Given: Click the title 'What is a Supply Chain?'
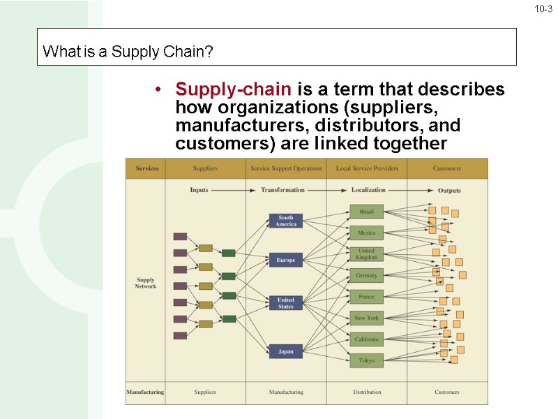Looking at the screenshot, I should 128,52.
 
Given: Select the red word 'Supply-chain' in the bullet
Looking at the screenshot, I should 234,90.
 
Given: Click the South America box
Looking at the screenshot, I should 286,221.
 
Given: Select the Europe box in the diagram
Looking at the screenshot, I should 286,260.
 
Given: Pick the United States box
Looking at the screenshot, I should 286,304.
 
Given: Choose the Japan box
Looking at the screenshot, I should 286,351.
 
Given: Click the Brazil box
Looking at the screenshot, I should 366,211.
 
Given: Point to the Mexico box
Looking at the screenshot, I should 366,233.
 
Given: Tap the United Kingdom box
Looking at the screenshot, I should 366,254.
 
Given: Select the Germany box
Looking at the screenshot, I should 366,276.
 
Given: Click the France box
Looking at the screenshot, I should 366,297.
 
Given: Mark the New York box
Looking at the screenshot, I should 366,318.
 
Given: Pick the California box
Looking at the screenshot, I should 366,339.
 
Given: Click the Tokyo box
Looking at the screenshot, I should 366,360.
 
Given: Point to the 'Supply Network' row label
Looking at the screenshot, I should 145,283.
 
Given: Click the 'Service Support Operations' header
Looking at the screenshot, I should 286,168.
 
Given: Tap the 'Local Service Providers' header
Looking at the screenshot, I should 366,168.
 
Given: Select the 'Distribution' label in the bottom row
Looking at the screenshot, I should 366,392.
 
